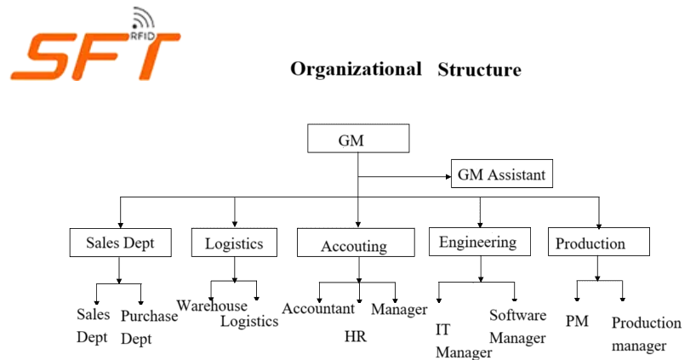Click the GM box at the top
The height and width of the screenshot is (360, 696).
click(x=357, y=140)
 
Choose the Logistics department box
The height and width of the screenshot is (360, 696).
click(x=234, y=243)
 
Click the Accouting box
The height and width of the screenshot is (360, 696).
click(x=353, y=246)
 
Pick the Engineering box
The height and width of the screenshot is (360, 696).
click(x=478, y=243)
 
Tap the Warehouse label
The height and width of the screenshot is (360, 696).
click(x=212, y=306)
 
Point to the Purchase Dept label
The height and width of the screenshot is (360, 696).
click(x=149, y=326)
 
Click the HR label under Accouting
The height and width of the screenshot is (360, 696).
click(x=355, y=336)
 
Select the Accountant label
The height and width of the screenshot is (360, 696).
click(x=318, y=308)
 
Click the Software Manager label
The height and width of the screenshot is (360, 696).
click(x=517, y=326)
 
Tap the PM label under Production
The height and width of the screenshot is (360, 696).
click(x=577, y=321)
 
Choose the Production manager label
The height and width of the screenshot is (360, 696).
click(x=646, y=334)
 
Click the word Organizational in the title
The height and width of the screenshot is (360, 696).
click(x=356, y=68)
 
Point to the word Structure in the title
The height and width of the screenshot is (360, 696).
click(x=479, y=69)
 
